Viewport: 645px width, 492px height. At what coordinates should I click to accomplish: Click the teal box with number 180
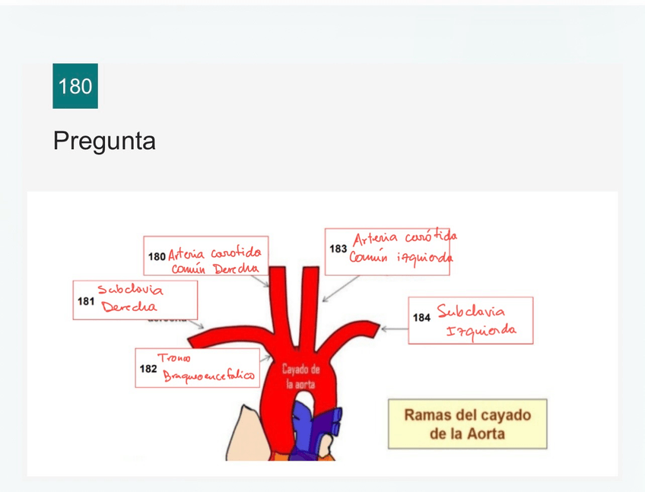point(75,86)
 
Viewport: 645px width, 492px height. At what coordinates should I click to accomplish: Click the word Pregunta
point(104,141)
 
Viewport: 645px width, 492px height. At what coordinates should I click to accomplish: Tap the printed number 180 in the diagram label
point(157,257)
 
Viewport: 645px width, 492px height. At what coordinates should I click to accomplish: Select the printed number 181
point(86,301)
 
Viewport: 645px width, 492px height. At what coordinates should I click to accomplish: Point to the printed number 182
point(148,368)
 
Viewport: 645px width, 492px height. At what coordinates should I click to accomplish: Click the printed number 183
point(338,249)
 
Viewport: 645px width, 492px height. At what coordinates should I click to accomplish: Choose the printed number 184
point(421,317)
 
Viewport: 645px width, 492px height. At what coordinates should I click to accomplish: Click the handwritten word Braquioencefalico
point(209,373)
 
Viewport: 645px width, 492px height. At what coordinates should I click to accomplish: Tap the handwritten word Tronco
point(174,357)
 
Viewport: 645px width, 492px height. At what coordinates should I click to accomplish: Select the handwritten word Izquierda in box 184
point(481,332)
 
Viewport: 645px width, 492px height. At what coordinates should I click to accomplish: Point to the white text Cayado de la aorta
point(300,376)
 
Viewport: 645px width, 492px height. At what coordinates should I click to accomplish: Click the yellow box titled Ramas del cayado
point(467,424)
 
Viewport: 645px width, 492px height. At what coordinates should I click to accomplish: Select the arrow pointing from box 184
point(394,329)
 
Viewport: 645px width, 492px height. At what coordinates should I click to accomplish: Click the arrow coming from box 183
point(340,288)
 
